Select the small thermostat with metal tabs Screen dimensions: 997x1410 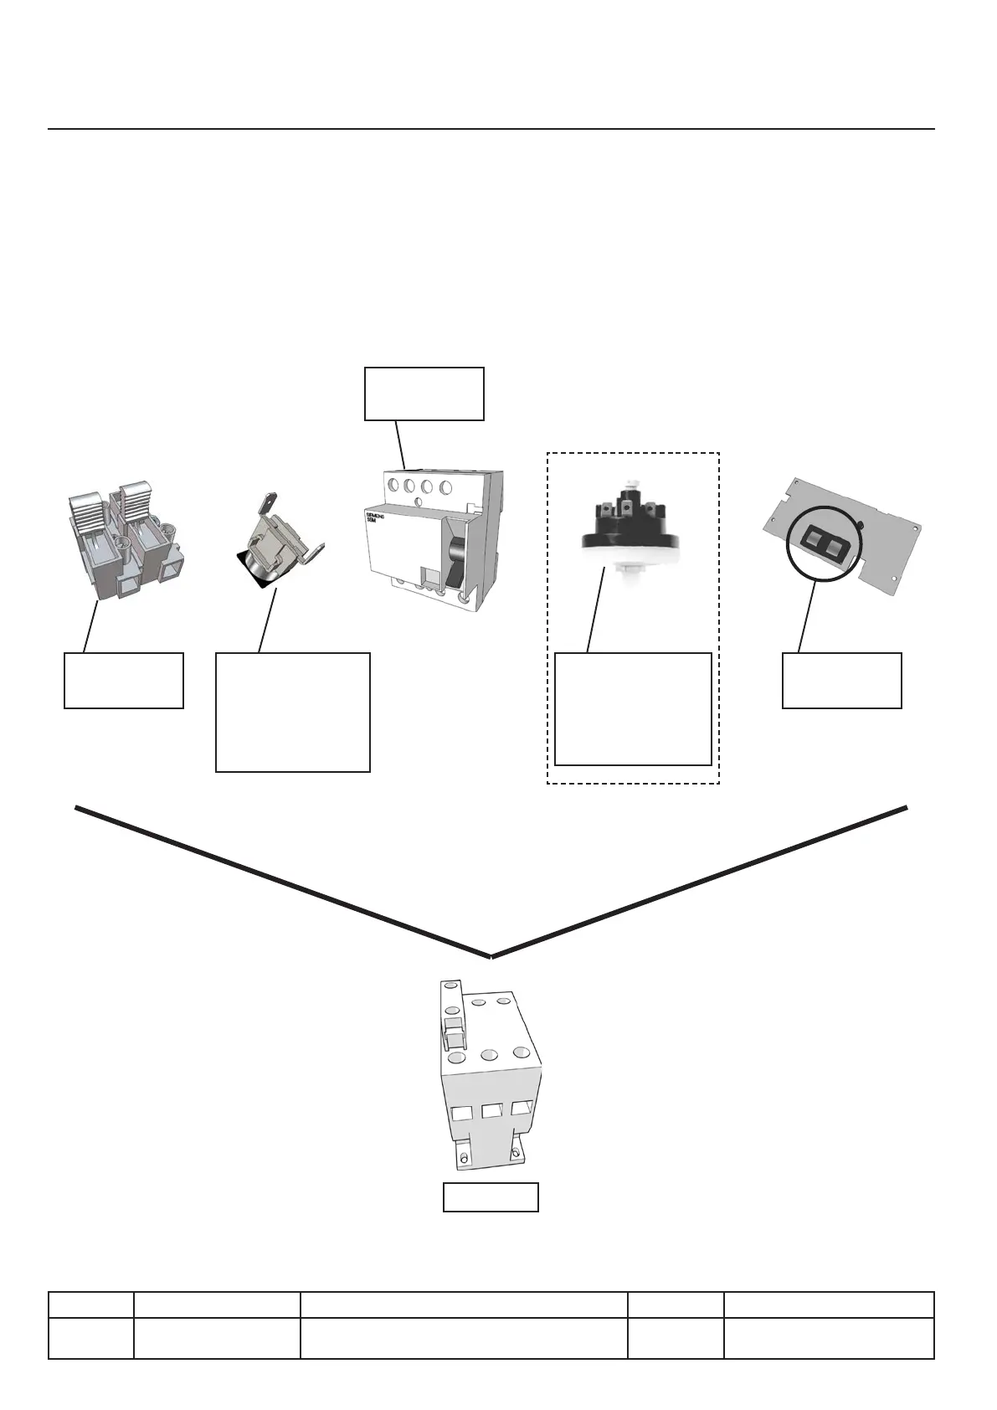(275, 545)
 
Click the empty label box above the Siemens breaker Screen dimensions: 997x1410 (424, 393)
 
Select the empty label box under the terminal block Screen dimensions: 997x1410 (124, 681)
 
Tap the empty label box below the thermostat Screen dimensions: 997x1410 (293, 712)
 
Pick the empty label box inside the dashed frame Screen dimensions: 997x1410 (633, 708)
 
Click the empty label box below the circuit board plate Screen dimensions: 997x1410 (841, 680)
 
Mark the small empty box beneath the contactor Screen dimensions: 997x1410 (491, 1197)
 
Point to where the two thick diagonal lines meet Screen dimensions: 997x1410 (491, 955)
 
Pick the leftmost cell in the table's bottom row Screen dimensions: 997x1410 (90, 1337)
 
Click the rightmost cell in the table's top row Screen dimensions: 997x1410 (829, 1305)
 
